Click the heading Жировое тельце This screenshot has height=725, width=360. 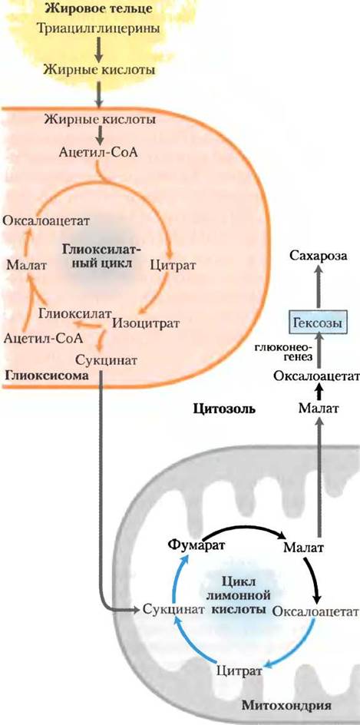[x=97, y=8]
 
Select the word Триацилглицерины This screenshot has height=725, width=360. [x=97, y=28]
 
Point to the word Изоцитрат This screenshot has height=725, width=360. [x=145, y=323]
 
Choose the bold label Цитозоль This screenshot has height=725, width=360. [x=224, y=409]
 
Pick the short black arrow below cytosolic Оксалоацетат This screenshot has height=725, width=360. [x=317, y=392]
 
